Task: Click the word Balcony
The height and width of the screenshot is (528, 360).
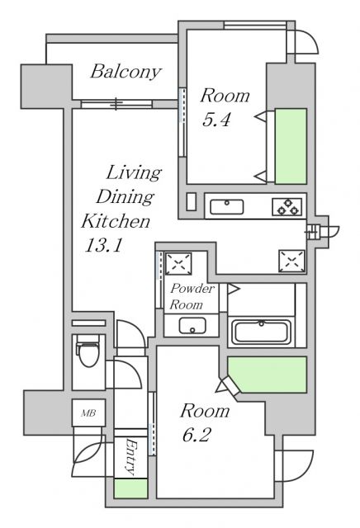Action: click(x=125, y=72)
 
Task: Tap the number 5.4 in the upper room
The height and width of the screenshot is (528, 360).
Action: click(x=216, y=119)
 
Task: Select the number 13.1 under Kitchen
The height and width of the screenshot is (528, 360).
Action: click(x=102, y=245)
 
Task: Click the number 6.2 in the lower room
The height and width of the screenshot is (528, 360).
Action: click(x=197, y=434)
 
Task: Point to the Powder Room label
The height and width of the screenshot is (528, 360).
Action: click(x=192, y=297)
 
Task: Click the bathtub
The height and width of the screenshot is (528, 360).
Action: click(x=260, y=332)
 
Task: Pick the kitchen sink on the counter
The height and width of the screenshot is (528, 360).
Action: click(x=225, y=206)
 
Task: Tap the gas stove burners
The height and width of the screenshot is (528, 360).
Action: click(x=287, y=207)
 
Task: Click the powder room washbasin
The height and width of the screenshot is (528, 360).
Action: click(x=192, y=326)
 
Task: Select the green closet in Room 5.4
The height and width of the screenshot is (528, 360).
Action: click(x=291, y=146)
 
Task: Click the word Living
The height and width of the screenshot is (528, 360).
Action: click(x=132, y=172)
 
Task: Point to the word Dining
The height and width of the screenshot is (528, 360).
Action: click(x=125, y=196)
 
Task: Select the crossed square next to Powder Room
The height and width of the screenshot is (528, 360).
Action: click(x=178, y=263)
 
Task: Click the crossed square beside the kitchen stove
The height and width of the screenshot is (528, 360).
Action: click(x=291, y=260)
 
